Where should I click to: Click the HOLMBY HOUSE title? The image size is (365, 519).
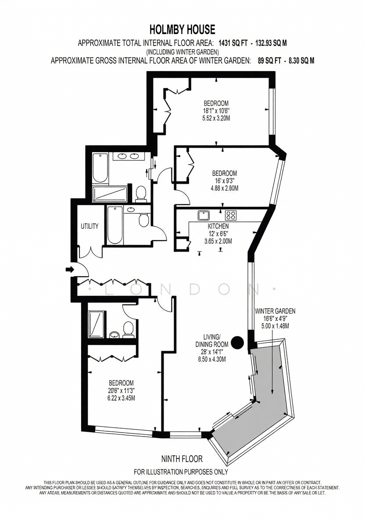(182, 29)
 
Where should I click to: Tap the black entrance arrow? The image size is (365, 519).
(70, 270)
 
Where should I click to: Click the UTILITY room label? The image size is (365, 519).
(90, 226)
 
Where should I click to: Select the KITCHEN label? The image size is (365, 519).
(218, 226)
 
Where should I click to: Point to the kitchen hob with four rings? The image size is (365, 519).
(231, 216)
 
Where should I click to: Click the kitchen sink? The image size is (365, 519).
(204, 216)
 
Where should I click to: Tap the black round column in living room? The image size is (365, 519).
(237, 343)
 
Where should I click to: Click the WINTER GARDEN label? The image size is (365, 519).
(275, 311)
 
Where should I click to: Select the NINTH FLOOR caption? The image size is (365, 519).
(182, 459)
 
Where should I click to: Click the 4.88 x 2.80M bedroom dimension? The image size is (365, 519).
(225, 188)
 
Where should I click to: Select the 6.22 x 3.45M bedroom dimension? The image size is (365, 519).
(121, 398)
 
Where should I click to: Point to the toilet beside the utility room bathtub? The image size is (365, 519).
(144, 220)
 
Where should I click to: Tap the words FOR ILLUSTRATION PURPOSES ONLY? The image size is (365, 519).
(181, 472)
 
